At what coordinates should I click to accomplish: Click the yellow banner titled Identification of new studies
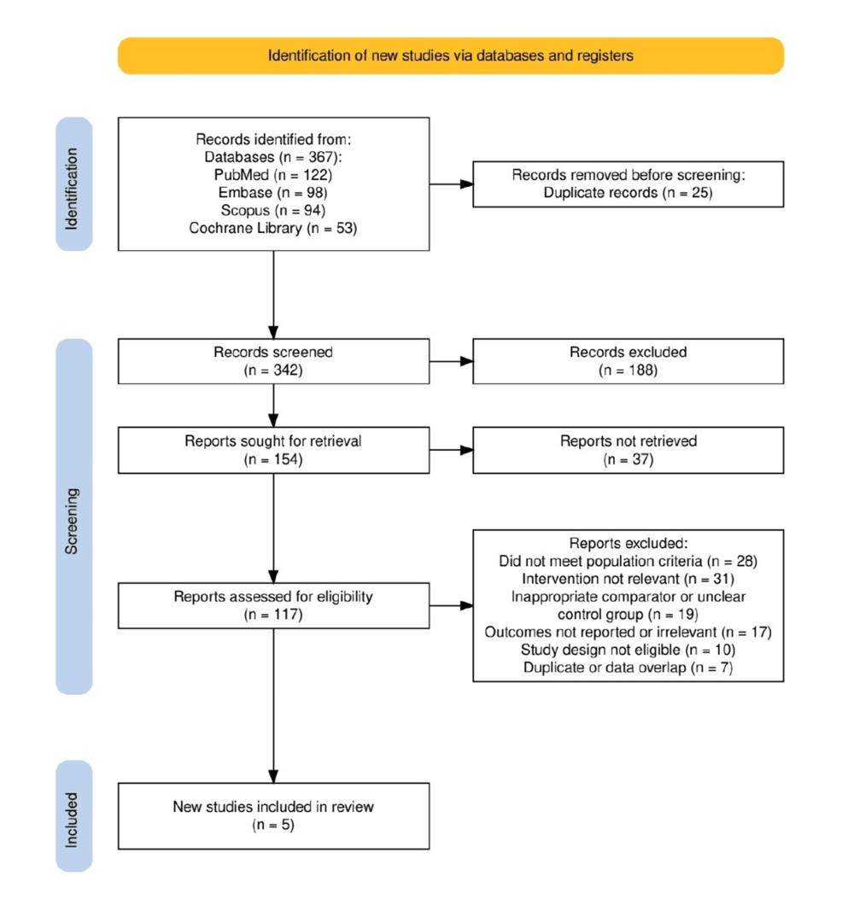450,55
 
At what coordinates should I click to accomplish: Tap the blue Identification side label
74,184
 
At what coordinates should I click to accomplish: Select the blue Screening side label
74,516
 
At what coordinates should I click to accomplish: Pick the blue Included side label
74,816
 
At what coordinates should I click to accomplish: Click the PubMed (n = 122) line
273,175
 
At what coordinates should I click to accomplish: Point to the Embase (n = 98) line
273,193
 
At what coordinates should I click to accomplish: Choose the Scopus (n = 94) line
273,211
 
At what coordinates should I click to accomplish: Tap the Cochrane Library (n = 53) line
273,228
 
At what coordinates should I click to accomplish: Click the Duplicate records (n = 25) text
628,193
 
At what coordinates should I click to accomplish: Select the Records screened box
273,361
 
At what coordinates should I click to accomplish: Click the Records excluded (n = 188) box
628,361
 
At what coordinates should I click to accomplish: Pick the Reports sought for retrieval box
273,451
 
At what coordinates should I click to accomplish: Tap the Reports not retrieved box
628,451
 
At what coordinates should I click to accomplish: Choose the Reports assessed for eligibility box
273,605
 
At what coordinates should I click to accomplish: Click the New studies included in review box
273,816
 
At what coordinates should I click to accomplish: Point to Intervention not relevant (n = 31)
628,579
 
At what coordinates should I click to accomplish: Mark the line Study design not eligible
628,650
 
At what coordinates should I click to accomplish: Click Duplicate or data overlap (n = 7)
628,668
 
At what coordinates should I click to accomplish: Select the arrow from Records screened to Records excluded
451,361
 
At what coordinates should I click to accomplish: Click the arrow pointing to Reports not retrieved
451,451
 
